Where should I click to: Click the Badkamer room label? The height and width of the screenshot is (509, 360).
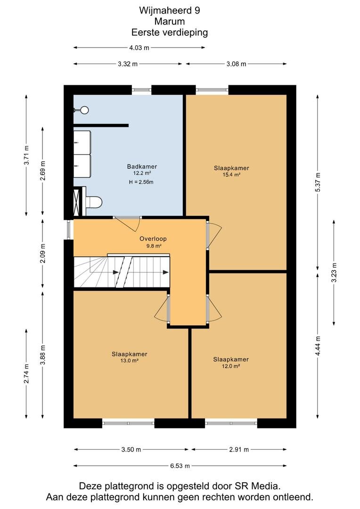(142, 166)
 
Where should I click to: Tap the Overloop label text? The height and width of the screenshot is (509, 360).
(153, 238)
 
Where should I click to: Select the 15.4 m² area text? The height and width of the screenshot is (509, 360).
(231, 175)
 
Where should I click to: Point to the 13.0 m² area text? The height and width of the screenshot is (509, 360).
(130, 361)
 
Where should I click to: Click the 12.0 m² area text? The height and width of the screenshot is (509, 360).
(231, 366)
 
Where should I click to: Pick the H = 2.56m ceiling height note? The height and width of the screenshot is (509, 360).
(141, 182)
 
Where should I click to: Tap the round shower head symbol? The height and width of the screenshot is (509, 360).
(84, 110)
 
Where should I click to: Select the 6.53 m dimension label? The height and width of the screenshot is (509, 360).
(180, 466)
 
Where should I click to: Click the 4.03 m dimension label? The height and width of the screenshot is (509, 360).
(139, 48)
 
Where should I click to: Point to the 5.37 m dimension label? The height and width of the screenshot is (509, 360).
(318, 182)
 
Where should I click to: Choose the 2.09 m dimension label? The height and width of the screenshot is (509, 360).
(43, 253)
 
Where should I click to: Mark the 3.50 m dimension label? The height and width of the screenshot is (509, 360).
(131, 450)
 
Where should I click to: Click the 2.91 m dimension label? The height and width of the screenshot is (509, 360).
(239, 450)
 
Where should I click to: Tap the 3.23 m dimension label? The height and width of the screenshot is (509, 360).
(334, 272)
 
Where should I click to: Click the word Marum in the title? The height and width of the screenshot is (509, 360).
(170, 21)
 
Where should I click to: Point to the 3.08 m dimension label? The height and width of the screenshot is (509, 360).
(237, 64)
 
